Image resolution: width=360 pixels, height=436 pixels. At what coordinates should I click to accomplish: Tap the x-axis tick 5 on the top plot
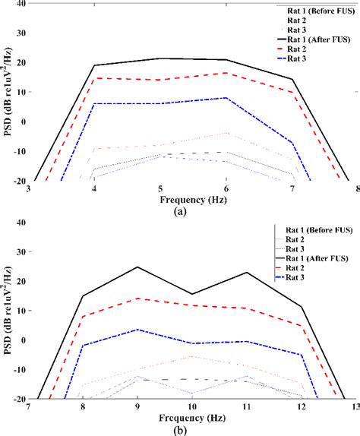click(159, 189)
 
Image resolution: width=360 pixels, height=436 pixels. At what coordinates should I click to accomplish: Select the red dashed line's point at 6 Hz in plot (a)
click(226, 73)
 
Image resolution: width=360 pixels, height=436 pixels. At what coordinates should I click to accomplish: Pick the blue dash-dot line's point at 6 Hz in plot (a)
click(226, 97)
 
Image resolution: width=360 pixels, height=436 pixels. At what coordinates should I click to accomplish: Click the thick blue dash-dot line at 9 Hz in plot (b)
click(138, 330)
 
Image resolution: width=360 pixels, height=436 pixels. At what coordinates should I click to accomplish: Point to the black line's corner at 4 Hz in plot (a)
click(94, 65)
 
